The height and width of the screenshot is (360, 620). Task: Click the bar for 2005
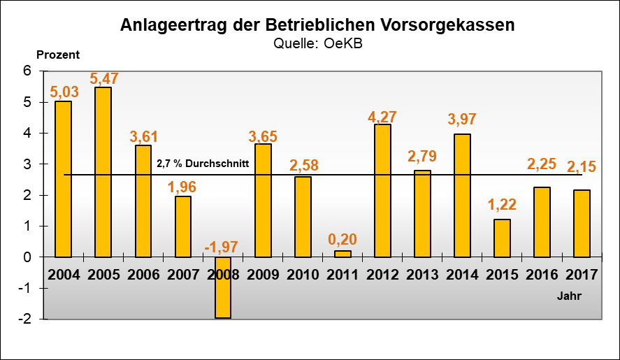coord(103,172)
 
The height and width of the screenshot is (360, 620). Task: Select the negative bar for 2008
coord(223,287)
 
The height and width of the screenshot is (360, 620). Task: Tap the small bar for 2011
coord(343,254)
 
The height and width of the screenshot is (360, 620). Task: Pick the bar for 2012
coord(382,191)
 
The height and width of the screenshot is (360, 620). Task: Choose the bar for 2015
coord(502,238)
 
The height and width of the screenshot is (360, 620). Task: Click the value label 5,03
coord(63,92)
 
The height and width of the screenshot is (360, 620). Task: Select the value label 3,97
coord(462,119)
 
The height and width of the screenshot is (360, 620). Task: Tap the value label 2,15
coord(582,168)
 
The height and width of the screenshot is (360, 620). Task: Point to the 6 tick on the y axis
coord(28,71)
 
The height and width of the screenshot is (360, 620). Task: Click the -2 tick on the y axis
coord(25,319)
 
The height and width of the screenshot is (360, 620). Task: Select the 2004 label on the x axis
coord(63,274)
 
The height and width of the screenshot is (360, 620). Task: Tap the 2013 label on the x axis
coord(422,274)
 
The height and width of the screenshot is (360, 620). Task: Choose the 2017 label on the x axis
coord(582,274)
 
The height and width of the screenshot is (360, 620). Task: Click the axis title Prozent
coord(58,55)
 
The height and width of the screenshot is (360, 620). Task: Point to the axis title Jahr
coord(569,296)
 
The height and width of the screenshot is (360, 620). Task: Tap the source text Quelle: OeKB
coord(317,43)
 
